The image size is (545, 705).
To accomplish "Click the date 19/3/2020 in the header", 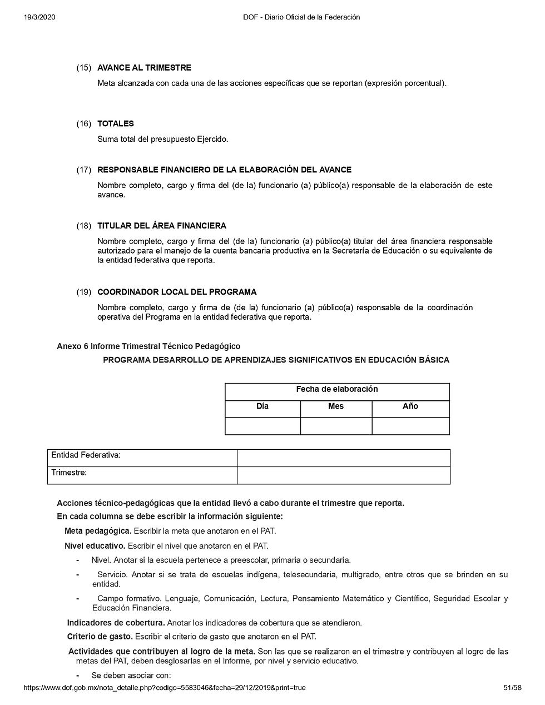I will pyautogui.click(x=39, y=17).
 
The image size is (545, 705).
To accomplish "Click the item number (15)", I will pyautogui.click(x=84, y=68).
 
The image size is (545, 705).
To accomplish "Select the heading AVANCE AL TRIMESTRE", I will pyautogui.click(x=144, y=68).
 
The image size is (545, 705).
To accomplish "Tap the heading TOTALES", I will pyautogui.click(x=116, y=123).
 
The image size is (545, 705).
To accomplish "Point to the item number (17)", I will pyautogui.click(x=84, y=170).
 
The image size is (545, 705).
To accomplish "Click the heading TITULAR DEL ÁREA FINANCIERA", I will pyautogui.click(x=162, y=226).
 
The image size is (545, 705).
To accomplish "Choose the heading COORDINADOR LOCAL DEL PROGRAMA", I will pyautogui.click(x=177, y=292).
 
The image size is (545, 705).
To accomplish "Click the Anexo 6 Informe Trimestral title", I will pyautogui.click(x=148, y=346).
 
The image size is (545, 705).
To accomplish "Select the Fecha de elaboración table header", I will pyautogui.click(x=337, y=390).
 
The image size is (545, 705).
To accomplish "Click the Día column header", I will pyautogui.click(x=262, y=406).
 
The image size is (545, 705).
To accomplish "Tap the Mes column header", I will pyautogui.click(x=336, y=406).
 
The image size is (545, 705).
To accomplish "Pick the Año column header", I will pyautogui.click(x=410, y=406).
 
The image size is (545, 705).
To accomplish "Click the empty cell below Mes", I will pyautogui.click(x=336, y=426).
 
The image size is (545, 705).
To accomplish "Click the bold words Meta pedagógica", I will pyautogui.click(x=98, y=530).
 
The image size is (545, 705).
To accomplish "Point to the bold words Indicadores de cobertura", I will pyautogui.click(x=116, y=623).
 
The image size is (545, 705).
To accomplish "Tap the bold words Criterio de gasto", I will pyautogui.click(x=100, y=637).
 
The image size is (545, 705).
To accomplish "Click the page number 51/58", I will pyautogui.click(x=512, y=688).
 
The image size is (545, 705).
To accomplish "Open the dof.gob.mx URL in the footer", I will pyautogui.click(x=164, y=688).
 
